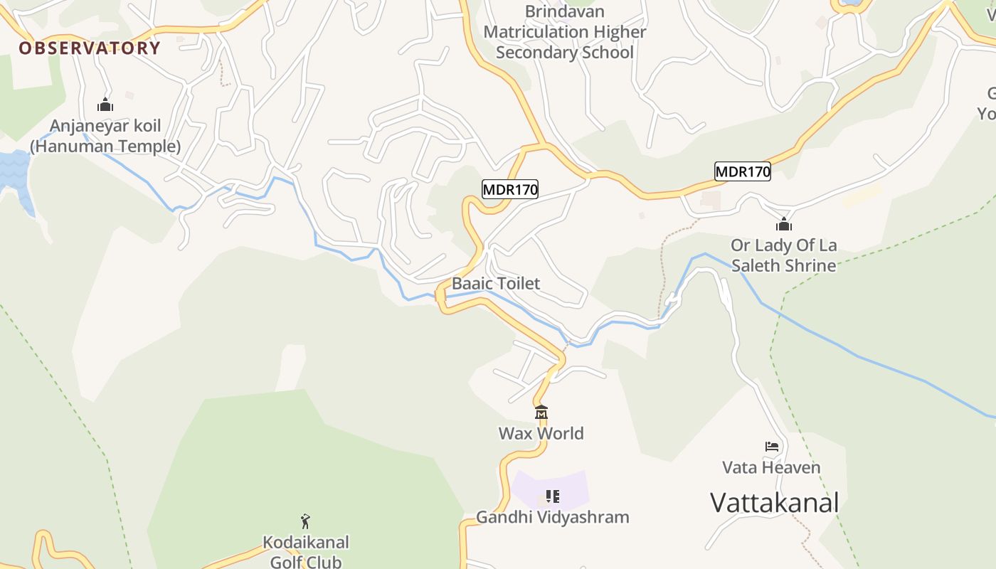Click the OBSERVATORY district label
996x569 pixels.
coord(90,48)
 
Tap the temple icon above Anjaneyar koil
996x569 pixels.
coord(105,105)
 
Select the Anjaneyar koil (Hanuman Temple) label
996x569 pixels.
coord(105,136)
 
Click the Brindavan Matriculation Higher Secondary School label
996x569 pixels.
coord(565,32)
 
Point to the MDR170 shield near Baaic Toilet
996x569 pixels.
coord(510,189)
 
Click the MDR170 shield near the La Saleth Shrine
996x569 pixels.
coord(743,171)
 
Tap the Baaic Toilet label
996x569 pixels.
coord(496,283)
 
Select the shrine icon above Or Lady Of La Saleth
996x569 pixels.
coord(784,225)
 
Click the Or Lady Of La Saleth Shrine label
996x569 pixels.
coord(784,255)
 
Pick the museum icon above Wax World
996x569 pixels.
coord(541,413)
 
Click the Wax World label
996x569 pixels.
coord(541,433)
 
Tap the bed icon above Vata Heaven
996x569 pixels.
coord(772,447)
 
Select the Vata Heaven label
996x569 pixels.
coord(772,467)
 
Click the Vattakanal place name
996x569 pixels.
coord(775,502)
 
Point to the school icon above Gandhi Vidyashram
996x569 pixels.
coord(553,496)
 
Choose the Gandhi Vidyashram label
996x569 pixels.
coord(553,517)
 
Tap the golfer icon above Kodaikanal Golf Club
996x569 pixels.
coord(306,521)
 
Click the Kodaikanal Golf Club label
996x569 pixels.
coord(306,552)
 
